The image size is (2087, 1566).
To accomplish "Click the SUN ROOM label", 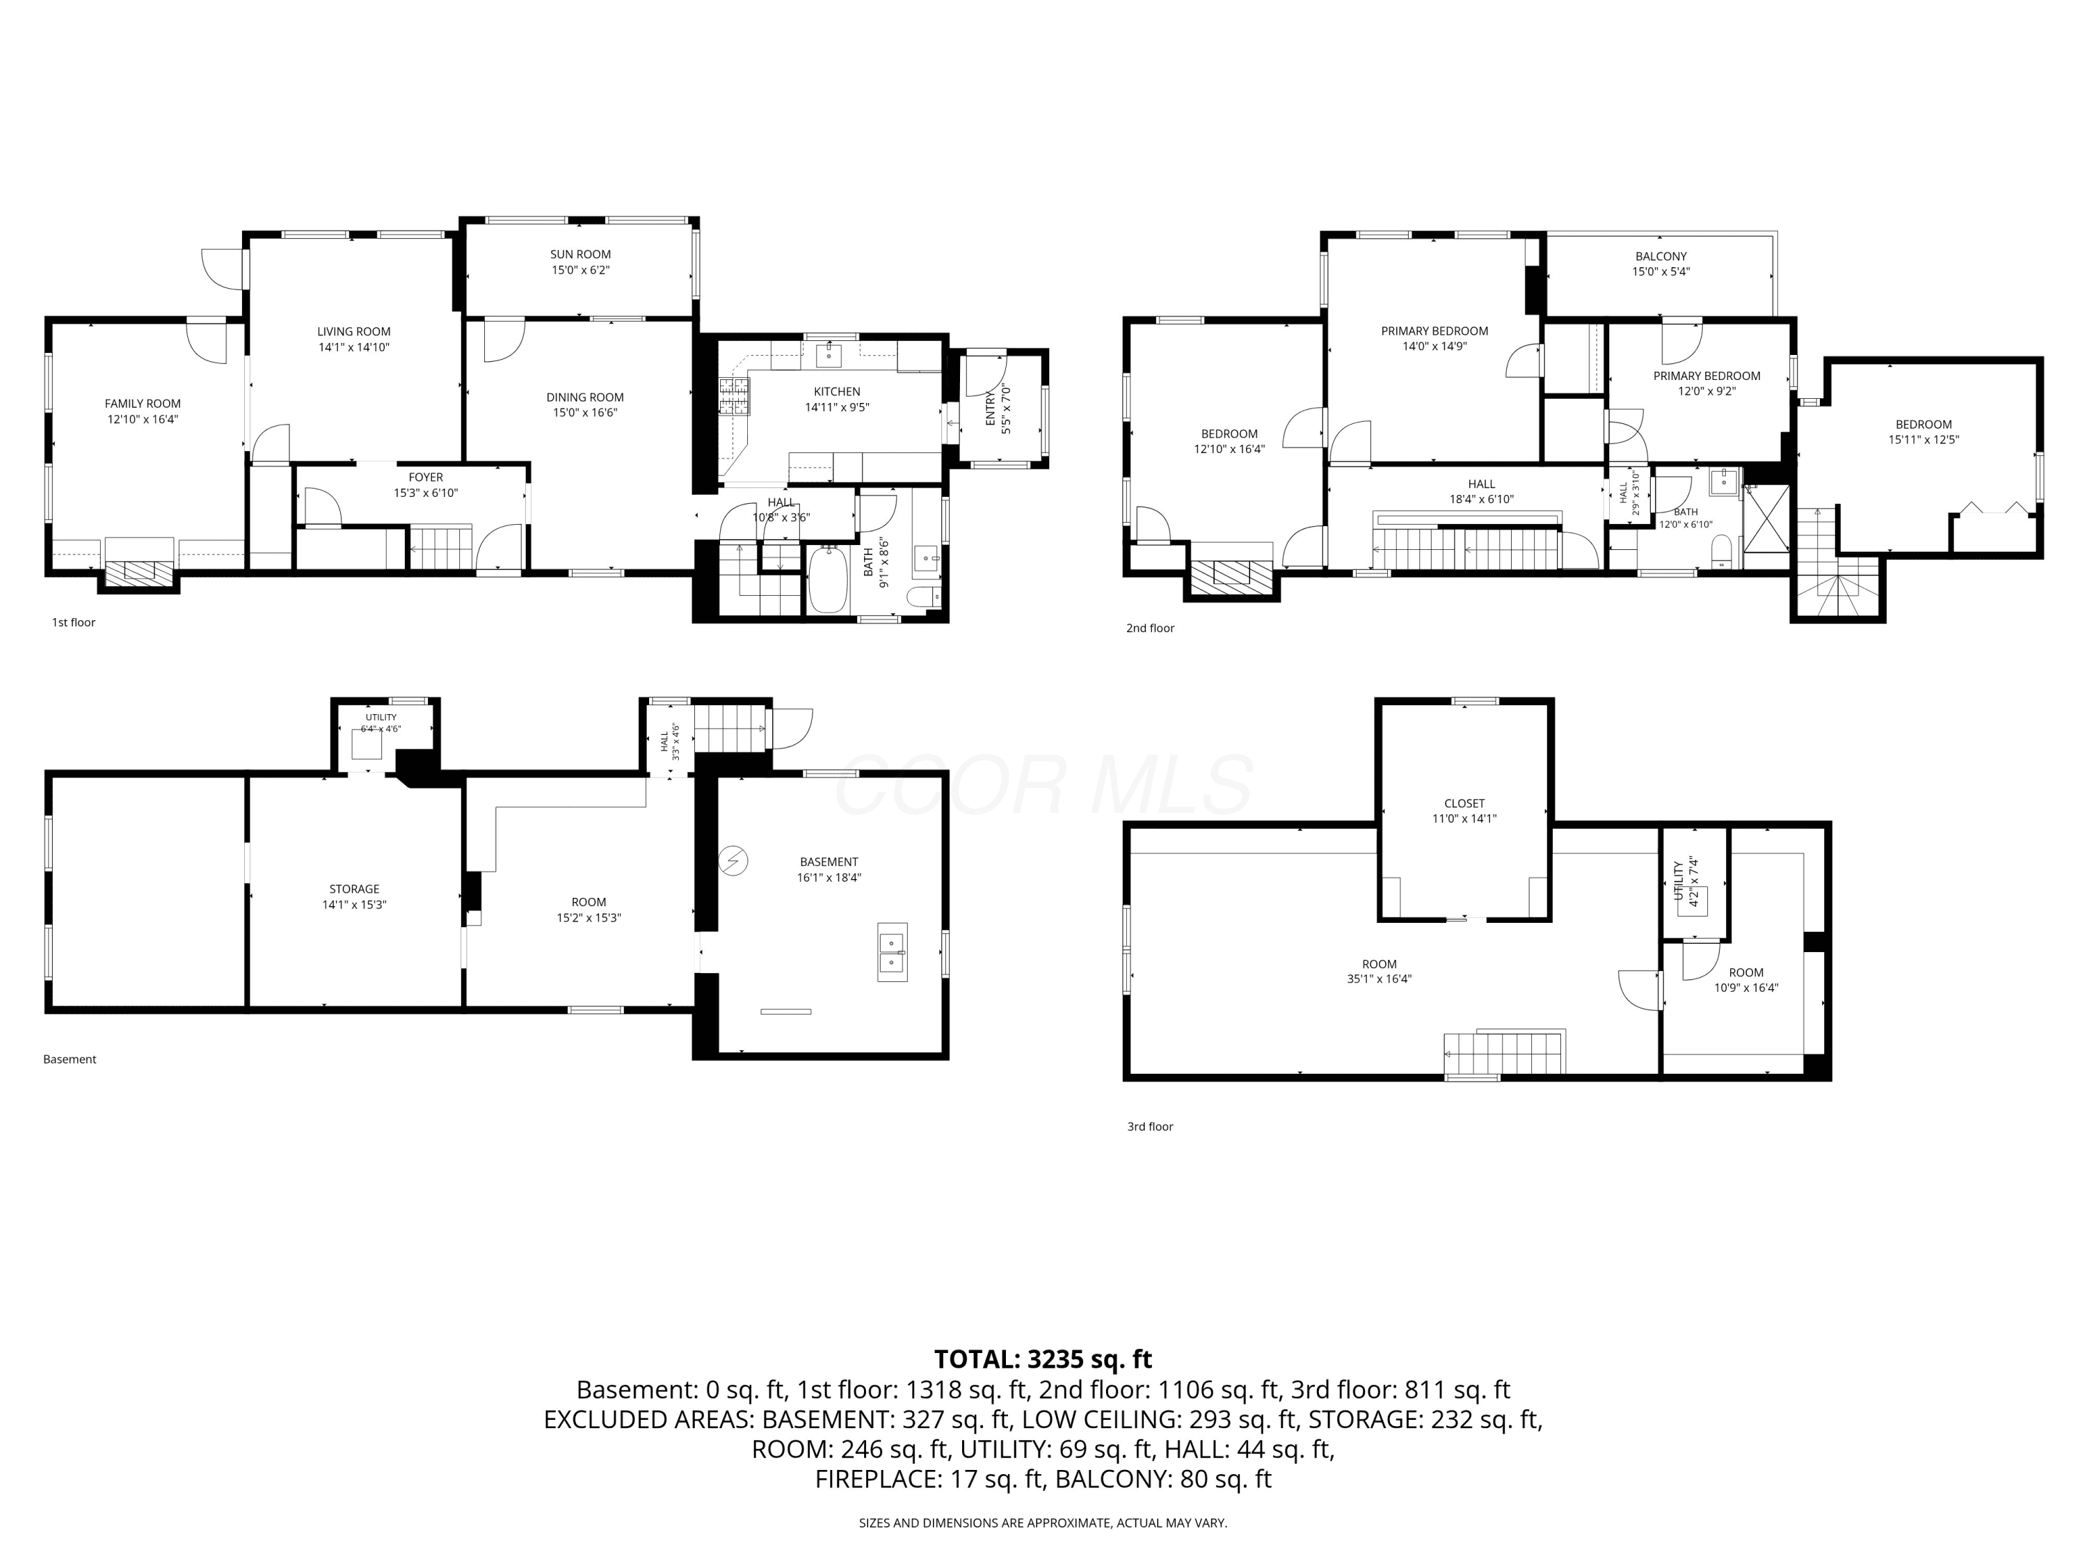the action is point(580,254).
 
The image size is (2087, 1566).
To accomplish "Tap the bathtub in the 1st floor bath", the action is point(827,580).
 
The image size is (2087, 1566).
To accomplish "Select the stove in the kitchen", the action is point(734,397).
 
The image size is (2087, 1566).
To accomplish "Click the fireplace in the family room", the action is point(138,572).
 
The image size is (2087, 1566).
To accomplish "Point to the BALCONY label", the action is point(1661,256).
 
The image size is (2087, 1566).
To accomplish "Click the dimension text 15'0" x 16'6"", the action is point(585,413).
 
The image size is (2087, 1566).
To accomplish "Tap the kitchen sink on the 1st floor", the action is point(829,355).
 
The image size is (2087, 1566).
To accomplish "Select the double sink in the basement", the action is point(893,951).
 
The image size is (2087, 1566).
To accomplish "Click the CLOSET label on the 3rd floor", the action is point(1464,803).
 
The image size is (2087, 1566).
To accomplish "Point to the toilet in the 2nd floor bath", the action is point(1722,551).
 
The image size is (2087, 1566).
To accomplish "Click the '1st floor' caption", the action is point(74,622).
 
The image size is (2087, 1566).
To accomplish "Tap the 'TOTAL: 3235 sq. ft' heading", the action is point(1043,1359).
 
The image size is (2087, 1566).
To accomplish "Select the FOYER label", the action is point(426,477).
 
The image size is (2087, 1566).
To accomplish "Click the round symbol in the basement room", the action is point(733,860).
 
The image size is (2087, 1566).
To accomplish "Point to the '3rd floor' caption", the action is point(1150,1126).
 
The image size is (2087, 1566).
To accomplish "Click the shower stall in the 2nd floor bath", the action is point(1766,517).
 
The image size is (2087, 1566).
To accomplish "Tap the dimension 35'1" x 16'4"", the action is point(1380,979).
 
